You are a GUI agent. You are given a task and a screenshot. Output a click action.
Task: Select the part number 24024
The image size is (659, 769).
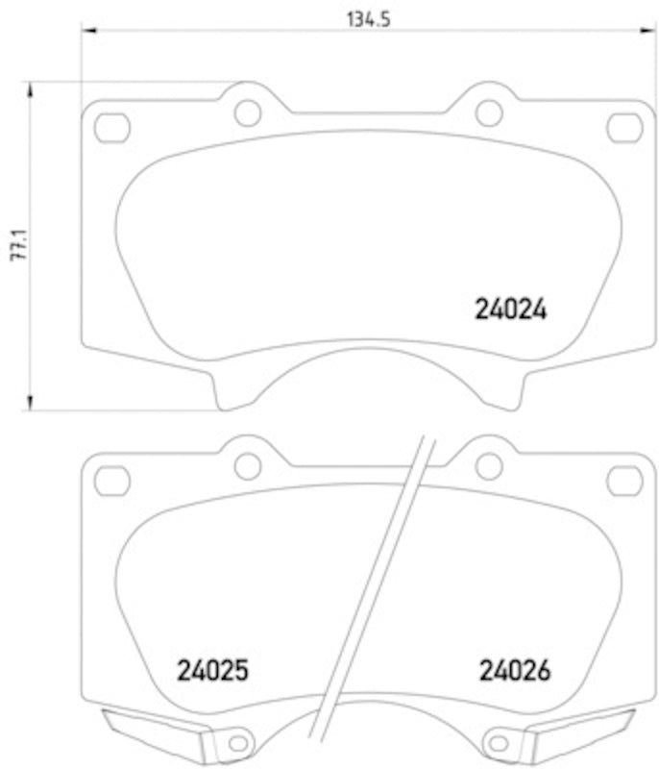[x=510, y=310]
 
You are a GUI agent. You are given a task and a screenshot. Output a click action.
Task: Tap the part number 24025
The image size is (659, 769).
[x=212, y=670]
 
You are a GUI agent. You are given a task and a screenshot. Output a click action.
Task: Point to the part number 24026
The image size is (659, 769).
[x=514, y=670]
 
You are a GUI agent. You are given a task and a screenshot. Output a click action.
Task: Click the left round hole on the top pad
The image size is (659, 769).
[x=248, y=112]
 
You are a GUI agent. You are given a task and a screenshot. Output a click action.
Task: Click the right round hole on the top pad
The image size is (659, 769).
[x=489, y=112]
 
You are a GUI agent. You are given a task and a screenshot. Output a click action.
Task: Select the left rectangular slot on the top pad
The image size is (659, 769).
[x=112, y=127]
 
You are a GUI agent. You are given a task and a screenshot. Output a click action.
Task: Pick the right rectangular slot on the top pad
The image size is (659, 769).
[x=624, y=127]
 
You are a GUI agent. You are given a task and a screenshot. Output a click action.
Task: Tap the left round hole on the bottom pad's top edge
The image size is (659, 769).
[x=248, y=466]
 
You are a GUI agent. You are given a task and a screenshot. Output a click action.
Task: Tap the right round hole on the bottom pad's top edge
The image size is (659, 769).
[x=489, y=466]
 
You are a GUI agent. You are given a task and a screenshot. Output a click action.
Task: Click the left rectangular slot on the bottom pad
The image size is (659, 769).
[x=112, y=480]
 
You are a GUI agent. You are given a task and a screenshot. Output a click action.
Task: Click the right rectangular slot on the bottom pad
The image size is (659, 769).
[x=624, y=480]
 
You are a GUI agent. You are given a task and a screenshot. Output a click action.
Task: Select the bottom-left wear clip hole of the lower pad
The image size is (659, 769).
[x=239, y=741]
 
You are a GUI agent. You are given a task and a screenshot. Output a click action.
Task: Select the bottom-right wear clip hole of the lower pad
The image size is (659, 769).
[x=498, y=741]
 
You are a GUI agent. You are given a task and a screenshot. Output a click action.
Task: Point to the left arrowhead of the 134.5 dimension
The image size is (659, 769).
[x=86, y=31]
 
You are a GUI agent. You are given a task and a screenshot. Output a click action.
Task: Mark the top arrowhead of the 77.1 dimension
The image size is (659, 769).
[x=32, y=87]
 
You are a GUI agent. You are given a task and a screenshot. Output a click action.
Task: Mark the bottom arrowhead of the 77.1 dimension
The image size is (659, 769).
[x=32, y=404]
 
